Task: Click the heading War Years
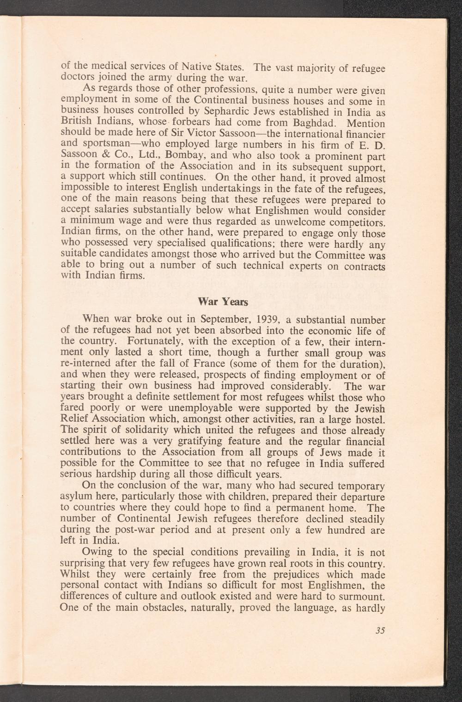click(x=223, y=302)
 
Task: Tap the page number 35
click(x=381, y=630)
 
